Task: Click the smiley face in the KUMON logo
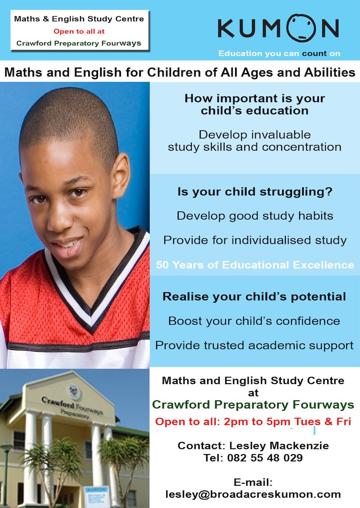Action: (x=301, y=28)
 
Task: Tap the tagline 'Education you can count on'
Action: (x=279, y=54)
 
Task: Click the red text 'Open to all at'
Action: (x=79, y=32)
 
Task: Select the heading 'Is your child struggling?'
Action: (x=255, y=191)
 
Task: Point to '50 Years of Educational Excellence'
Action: (x=255, y=265)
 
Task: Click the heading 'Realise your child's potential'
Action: (x=254, y=296)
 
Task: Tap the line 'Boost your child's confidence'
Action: (x=254, y=321)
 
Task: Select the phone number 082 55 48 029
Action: (x=265, y=458)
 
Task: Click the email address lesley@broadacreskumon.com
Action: (x=253, y=494)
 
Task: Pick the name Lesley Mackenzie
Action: (x=279, y=445)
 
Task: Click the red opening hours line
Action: (x=253, y=422)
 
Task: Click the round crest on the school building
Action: (x=74, y=392)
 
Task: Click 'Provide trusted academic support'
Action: (x=254, y=345)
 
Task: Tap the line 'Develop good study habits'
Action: (x=255, y=216)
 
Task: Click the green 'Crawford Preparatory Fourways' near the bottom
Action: (x=253, y=405)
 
